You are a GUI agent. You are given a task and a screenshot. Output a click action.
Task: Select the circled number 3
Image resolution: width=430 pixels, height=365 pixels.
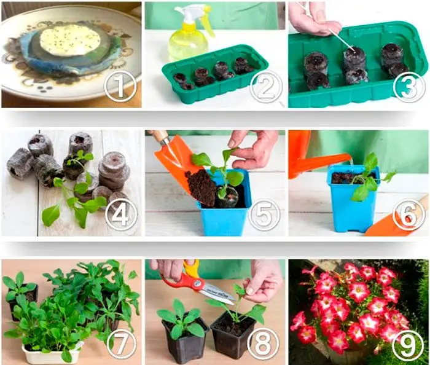pyautogui.click(x=409, y=87)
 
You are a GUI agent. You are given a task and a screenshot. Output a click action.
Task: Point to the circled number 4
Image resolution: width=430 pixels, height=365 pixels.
pyautogui.click(x=121, y=214)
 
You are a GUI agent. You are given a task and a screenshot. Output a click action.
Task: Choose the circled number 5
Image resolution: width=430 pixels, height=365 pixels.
pyautogui.click(x=264, y=214)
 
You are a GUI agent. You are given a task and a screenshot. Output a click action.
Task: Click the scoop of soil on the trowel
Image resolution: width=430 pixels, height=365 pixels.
pyautogui.click(x=201, y=186)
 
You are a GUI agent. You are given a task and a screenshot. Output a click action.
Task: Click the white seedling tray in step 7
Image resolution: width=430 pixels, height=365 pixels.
pyautogui.click(x=51, y=353)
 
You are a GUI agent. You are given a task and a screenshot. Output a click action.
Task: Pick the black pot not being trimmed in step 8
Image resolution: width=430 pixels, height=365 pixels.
pyautogui.click(x=185, y=339)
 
